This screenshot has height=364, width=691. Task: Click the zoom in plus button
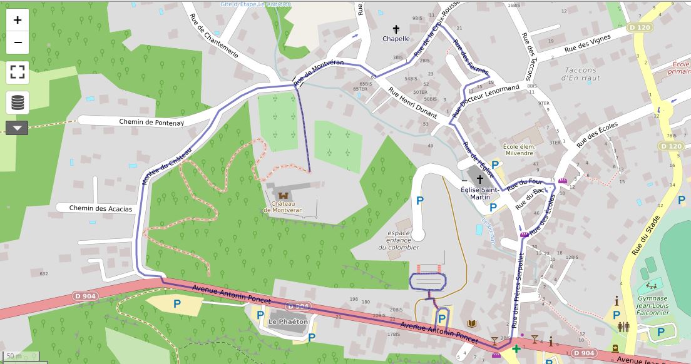pos(18,20)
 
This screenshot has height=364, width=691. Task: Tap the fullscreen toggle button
pos(18,72)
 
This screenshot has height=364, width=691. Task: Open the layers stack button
pos(18,102)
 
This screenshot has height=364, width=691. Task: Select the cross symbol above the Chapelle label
pos(396,29)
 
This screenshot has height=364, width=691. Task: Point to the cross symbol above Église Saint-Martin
pos(479,179)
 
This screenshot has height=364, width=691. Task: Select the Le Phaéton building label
pos(288,321)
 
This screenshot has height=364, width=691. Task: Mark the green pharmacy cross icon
pos(516,348)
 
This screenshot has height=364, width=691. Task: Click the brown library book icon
pos(472,323)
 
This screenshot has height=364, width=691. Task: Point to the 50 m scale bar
pos(19,356)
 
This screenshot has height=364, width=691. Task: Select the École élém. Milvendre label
pos(519,149)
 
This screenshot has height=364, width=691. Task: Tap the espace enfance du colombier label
pos(399,240)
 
